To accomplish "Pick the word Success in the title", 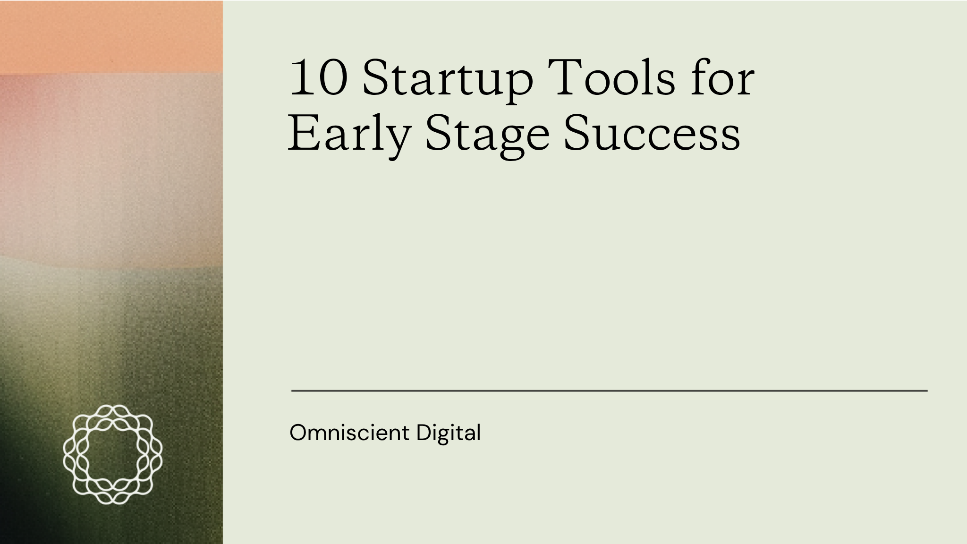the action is [x=652, y=132].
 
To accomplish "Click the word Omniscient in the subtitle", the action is [x=349, y=433].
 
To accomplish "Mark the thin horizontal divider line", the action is [x=610, y=391].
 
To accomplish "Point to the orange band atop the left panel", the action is [x=111, y=37].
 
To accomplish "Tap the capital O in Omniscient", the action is [x=299, y=433].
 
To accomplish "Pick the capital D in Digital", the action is [x=424, y=433].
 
